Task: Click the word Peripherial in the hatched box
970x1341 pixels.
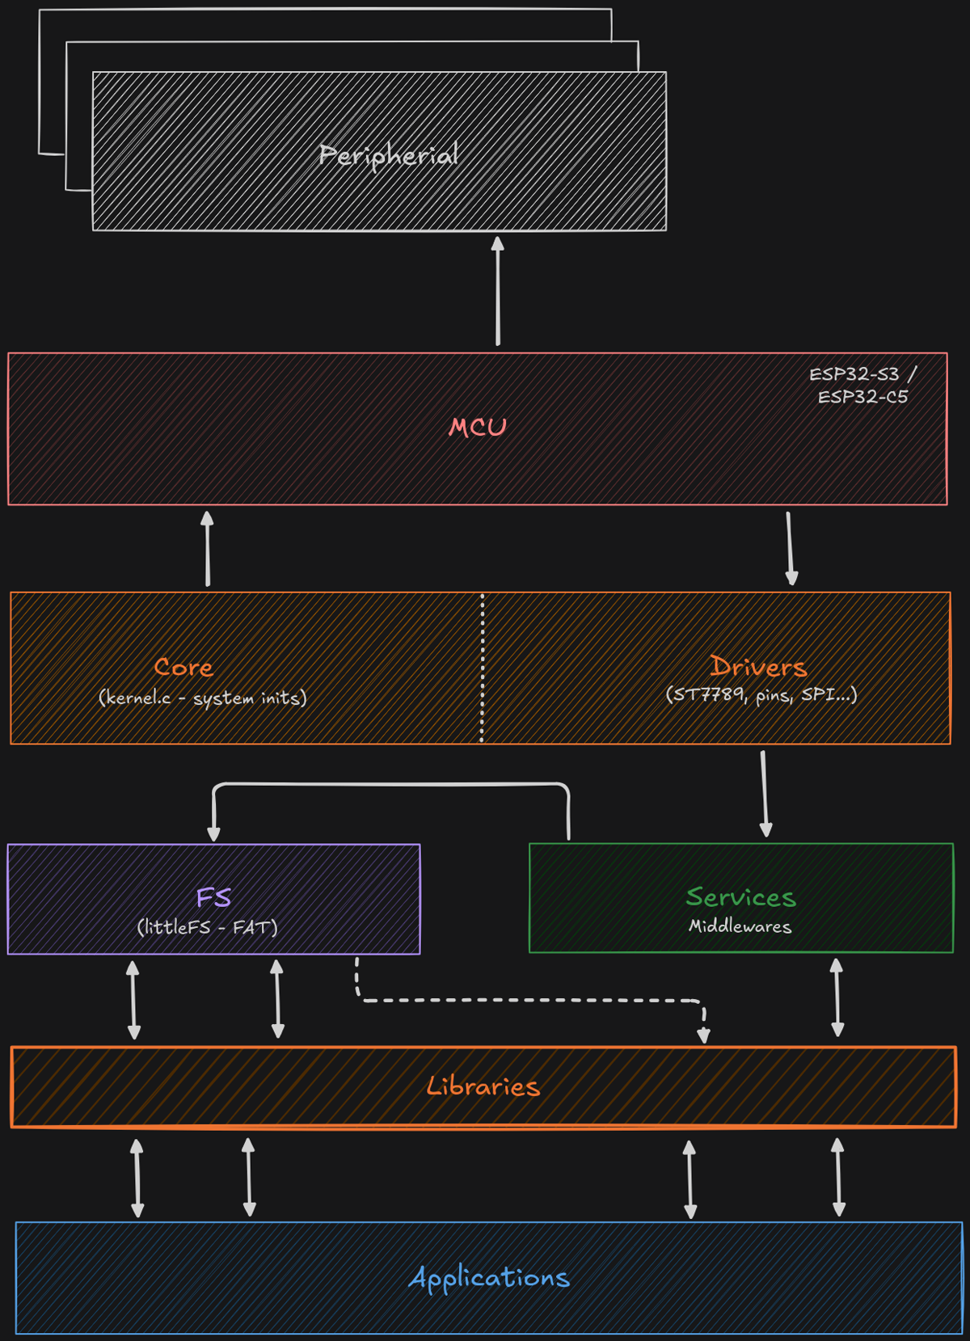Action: pos(389,154)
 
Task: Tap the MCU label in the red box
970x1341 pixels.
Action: pos(478,427)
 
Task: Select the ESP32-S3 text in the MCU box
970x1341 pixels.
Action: pos(854,374)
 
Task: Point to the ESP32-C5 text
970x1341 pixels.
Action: pos(862,397)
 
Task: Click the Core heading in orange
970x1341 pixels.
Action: pos(183,667)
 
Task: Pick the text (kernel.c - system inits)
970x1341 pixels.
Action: pos(203,697)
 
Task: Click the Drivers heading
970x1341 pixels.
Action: pos(758,667)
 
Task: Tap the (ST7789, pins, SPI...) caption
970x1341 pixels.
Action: pos(761,694)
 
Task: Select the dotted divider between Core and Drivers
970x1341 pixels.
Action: pos(483,668)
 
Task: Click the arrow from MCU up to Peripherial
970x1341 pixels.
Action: pos(498,291)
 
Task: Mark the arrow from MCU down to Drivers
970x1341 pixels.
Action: pos(791,548)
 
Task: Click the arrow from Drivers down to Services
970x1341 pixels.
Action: pos(765,794)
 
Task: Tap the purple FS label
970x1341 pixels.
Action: pos(213,897)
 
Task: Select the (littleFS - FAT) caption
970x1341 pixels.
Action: pos(207,926)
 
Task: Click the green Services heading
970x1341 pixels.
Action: pos(740,896)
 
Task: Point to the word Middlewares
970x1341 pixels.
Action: pos(740,926)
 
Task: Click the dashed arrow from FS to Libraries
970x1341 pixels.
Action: pos(529,1001)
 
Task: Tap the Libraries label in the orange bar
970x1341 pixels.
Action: pos(483,1086)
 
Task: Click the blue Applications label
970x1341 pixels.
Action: pos(489,1277)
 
